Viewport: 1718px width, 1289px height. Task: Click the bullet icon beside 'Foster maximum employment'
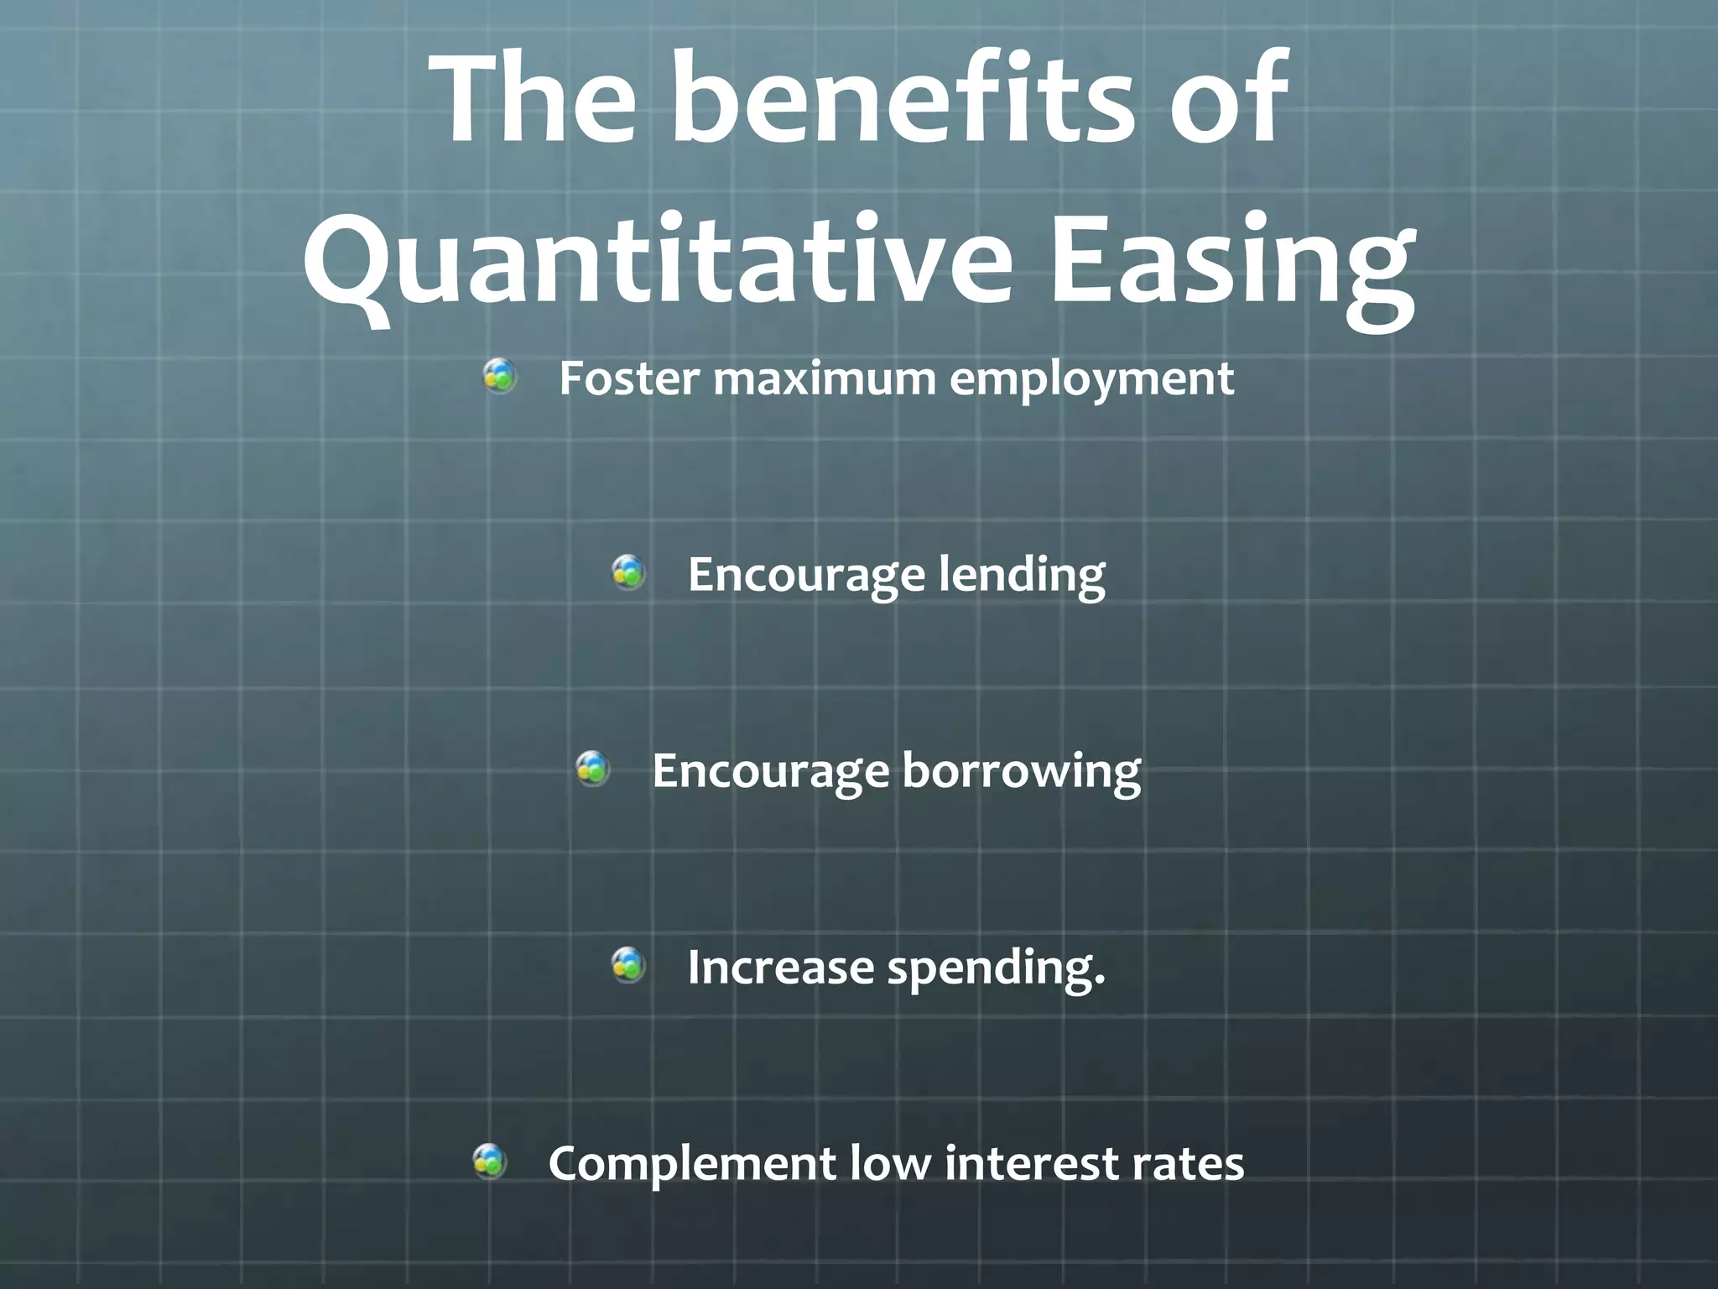(x=500, y=376)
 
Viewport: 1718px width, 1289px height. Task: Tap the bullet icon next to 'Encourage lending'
(x=628, y=572)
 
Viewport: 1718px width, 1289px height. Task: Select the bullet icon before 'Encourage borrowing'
(x=593, y=769)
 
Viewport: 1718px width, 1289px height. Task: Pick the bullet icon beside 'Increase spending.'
(x=628, y=965)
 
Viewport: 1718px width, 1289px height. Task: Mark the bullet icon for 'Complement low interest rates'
(x=489, y=1161)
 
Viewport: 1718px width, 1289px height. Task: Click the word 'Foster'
(x=629, y=378)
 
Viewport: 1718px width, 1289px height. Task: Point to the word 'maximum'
(x=825, y=379)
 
